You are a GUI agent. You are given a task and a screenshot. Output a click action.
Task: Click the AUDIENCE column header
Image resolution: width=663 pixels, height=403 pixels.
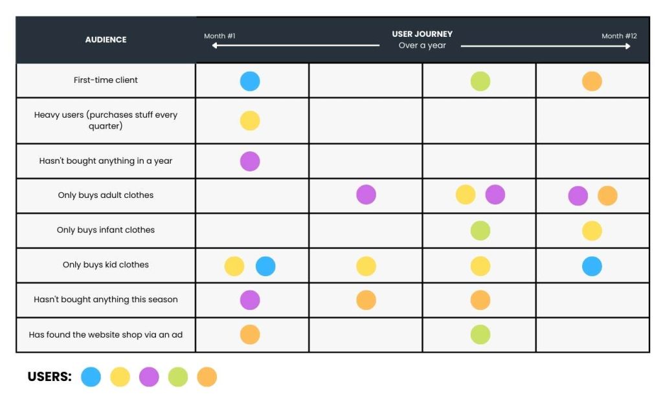pos(106,39)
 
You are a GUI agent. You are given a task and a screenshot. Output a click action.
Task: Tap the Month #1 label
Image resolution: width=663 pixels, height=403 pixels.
pos(219,36)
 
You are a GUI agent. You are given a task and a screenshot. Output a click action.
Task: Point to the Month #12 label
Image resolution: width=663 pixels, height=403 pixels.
pos(619,36)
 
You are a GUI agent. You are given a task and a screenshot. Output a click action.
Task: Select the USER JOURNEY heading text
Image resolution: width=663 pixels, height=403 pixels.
pos(422,34)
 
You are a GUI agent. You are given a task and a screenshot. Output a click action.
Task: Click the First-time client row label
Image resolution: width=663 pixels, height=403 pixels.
pos(106,80)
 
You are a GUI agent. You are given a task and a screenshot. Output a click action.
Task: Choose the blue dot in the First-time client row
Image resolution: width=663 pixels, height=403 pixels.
pos(250,82)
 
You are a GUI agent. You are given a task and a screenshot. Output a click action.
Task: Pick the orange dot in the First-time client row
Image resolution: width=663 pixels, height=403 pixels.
pos(592,82)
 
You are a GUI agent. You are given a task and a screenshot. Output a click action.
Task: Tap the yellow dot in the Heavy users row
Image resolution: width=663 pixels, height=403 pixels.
pos(250,121)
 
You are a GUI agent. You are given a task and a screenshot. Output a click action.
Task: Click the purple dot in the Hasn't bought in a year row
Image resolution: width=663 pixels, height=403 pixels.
pos(250,161)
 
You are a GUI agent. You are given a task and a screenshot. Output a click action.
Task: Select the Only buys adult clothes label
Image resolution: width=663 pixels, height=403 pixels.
pos(106,195)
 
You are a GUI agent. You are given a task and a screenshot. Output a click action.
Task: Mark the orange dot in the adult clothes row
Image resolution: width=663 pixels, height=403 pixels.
pos(607,195)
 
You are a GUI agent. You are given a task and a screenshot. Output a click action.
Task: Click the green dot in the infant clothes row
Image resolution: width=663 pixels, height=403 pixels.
pos(480,230)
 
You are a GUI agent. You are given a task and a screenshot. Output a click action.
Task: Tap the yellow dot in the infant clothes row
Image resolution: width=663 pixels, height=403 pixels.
pos(592,231)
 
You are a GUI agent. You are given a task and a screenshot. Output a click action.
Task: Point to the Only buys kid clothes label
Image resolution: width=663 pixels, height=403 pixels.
pos(106,265)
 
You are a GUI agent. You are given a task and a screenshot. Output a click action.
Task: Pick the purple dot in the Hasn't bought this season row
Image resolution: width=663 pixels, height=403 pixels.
pos(250,300)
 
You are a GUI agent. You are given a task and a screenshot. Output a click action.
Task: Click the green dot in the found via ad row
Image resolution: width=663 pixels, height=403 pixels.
pos(480,334)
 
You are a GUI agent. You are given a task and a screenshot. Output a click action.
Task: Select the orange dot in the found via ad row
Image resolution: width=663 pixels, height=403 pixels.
pos(250,334)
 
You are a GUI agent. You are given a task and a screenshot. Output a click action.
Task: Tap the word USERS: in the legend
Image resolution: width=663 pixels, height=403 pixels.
pos(49,376)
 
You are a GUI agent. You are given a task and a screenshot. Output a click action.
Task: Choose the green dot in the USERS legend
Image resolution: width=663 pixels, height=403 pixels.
pos(178,377)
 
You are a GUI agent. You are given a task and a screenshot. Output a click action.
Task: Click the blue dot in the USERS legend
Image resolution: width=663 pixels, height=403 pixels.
pos(91,377)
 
